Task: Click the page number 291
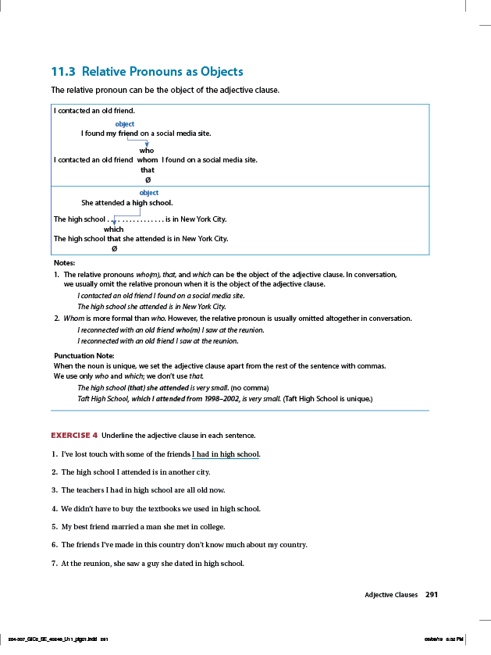(x=432, y=595)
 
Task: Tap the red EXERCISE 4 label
(x=74, y=435)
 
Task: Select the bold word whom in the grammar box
(x=148, y=160)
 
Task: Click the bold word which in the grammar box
(x=113, y=230)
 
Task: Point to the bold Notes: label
(x=64, y=263)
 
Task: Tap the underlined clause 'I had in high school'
(x=226, y=454)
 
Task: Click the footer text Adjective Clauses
(x=391, y=595)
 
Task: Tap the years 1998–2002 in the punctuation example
(x=219, y=398)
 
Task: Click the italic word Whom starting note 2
(x=73, y=319)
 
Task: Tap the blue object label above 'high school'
(x=148, y=193)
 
